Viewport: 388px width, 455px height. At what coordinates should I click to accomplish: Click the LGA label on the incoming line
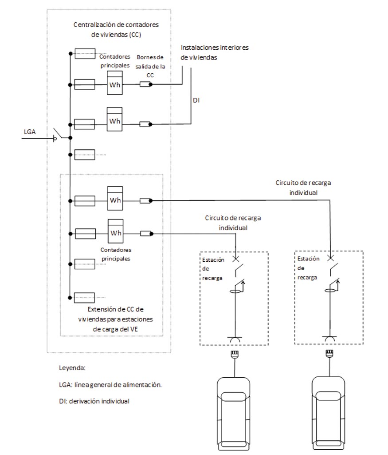(x=30, y=132)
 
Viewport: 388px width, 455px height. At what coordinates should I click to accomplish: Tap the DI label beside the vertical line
(x=196, y=100)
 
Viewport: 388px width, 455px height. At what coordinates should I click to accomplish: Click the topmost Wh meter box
(x=115, y=83)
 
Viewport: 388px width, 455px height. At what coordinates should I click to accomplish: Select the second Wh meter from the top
(x=115, y=119)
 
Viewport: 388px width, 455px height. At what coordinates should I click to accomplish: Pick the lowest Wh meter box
(x=116, y=231)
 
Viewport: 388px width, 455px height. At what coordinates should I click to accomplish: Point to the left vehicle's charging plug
(x=235, y=354)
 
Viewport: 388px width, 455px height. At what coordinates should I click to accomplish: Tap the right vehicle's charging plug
(x=329, y=353)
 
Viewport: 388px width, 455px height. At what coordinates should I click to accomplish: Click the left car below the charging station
(x=233, y=414)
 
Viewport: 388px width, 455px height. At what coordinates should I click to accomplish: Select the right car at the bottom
(x=328, y=413)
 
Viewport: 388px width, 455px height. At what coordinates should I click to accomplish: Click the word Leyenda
(x=72, y=368)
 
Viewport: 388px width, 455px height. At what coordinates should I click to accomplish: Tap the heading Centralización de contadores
(x=116, y=25)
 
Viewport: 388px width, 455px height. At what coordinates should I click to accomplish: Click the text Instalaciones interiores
(x=215, y=48)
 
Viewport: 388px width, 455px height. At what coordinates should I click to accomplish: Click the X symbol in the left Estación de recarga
(x=236, y=259)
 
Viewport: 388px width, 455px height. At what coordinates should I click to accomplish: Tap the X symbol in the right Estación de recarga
(x=330, y=258)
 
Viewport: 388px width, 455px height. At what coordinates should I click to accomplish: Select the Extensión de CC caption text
(x=115, y=319)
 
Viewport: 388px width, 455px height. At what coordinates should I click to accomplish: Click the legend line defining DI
(x=94, y=401)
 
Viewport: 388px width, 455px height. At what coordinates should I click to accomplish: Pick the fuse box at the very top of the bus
(x=85, y=54)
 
